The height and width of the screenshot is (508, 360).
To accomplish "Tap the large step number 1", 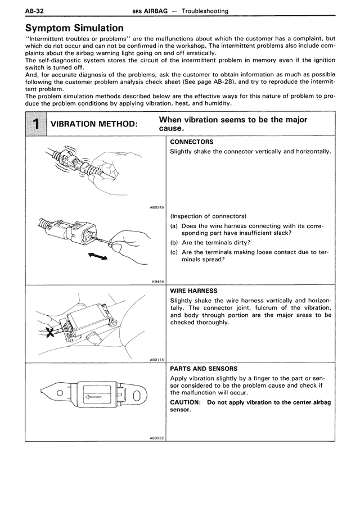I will click(x=37, y=124).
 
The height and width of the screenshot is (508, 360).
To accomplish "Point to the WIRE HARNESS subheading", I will click(x=193, y=292).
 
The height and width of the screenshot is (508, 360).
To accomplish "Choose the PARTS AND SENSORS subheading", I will click(x=204, y=369).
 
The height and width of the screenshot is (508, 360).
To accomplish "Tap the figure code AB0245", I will click(x=156, y=208).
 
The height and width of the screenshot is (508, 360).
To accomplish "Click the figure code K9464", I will click(x=158, y=282).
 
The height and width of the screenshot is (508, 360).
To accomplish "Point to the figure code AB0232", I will click(x=156, y=438).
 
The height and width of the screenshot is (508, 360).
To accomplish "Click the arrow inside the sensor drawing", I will click(x=93, y=397).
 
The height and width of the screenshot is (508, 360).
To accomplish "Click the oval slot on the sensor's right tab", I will click(x=134, y=397).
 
